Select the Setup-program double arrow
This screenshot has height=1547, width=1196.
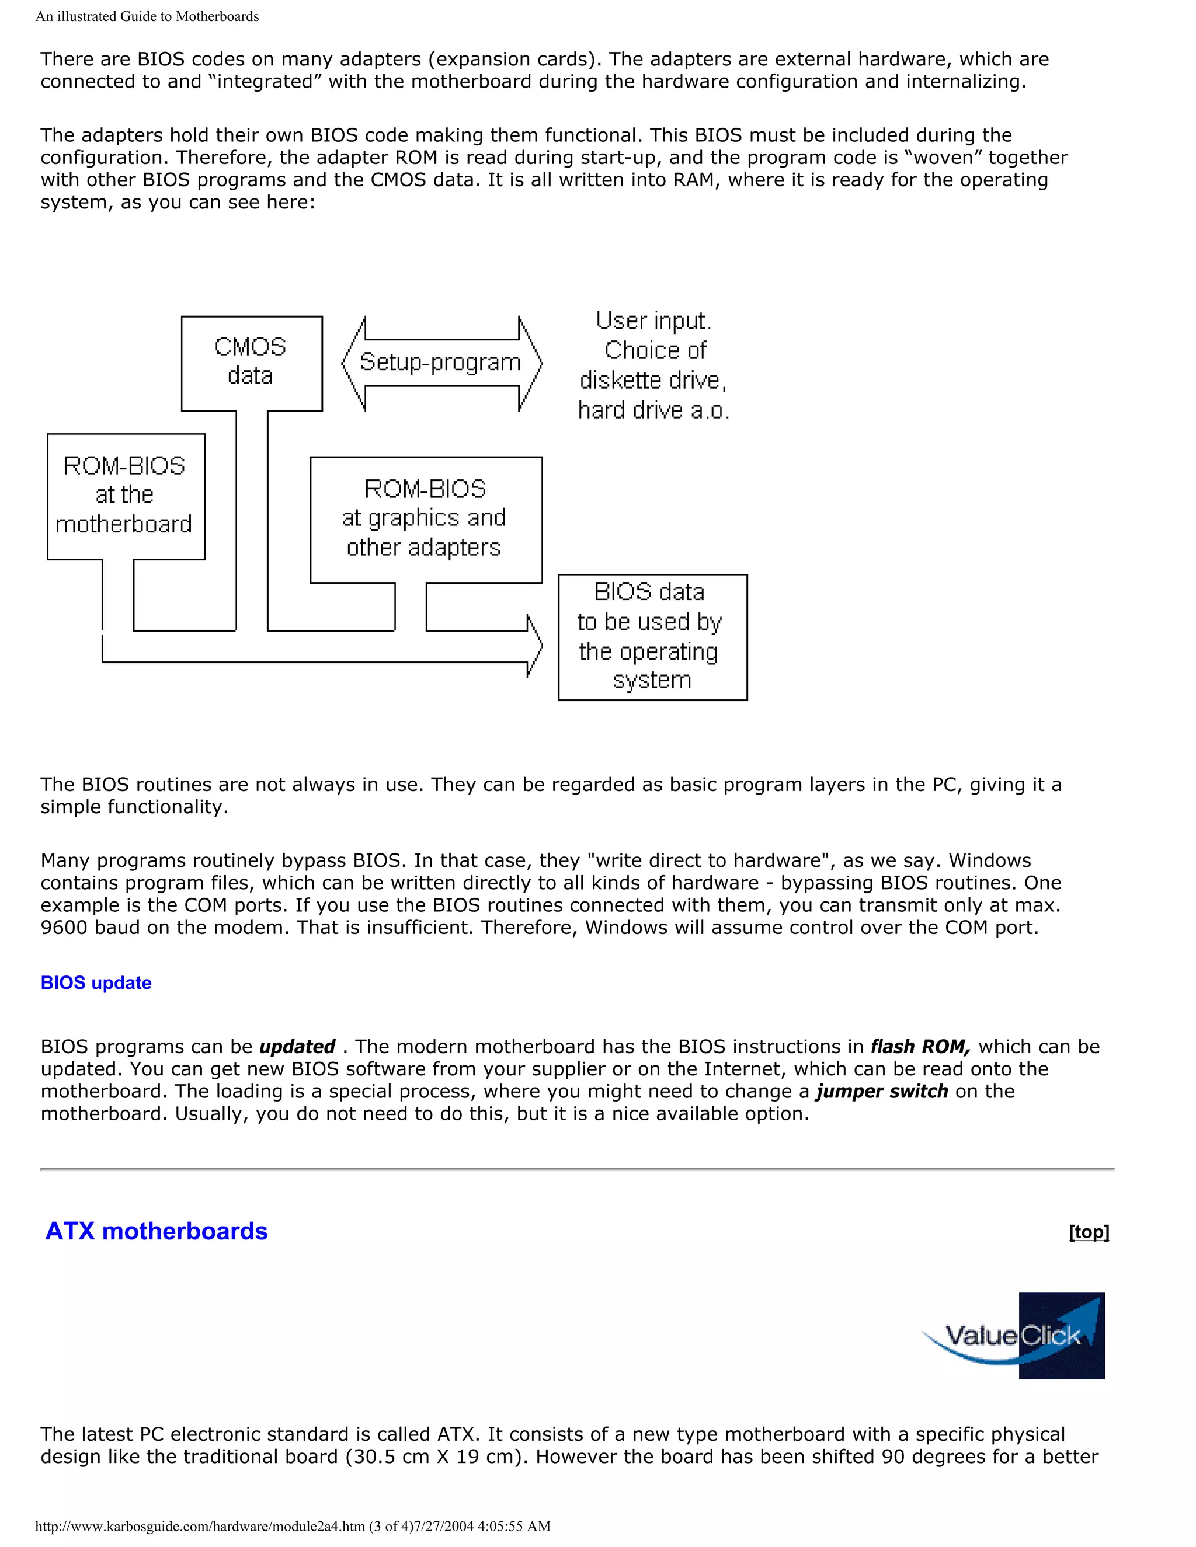441,363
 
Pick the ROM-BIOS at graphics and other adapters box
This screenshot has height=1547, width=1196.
425,519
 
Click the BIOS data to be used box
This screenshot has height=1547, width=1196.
652,637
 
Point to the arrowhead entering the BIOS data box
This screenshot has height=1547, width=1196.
534,645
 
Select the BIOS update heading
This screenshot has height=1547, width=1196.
96,982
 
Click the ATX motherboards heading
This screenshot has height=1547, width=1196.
157,1231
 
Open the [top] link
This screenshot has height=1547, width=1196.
1089,1232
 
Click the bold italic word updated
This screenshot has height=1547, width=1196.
297,1047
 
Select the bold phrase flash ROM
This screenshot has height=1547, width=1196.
920,1047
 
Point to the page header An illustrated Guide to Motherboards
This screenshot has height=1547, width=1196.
147,16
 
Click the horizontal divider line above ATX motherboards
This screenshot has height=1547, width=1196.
577,1169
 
